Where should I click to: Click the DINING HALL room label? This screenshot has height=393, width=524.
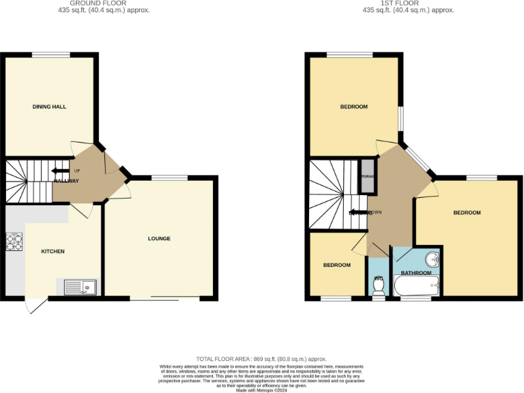click(49, 107)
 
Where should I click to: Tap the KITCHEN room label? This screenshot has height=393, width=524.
click(53, 252)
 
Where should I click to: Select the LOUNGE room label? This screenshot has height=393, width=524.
click(159, 238)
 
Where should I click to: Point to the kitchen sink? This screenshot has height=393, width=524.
click(81, 287)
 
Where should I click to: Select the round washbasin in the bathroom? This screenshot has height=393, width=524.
click(431, 260)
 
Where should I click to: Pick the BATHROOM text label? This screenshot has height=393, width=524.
click(415, 273)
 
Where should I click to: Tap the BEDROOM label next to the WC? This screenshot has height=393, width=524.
click(336, 265)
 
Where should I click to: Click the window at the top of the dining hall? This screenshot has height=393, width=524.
click(50, 55)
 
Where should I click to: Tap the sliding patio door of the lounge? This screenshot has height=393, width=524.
click(166, 299)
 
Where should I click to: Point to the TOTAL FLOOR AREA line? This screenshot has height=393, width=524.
click(261, 359)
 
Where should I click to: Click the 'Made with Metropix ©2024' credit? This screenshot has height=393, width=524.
click(261, 390)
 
